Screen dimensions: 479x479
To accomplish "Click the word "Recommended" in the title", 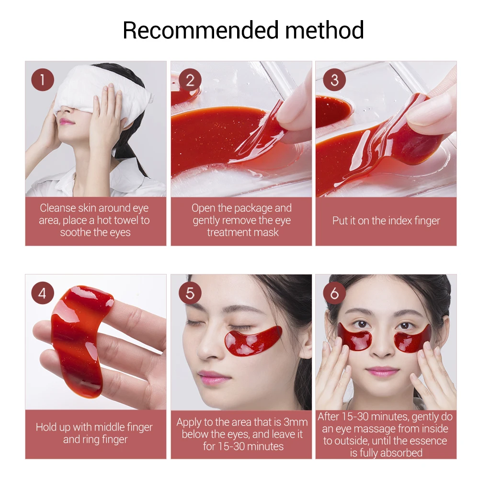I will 200,30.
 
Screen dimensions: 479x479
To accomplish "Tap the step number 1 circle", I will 43,80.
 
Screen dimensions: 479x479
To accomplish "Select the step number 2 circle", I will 190,80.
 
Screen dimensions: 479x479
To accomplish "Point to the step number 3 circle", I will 334,80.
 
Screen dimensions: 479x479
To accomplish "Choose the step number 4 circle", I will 43,293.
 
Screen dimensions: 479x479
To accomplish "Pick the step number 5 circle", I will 190,293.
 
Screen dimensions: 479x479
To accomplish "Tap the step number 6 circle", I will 334,293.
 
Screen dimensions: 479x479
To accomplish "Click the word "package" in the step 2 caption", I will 251,208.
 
